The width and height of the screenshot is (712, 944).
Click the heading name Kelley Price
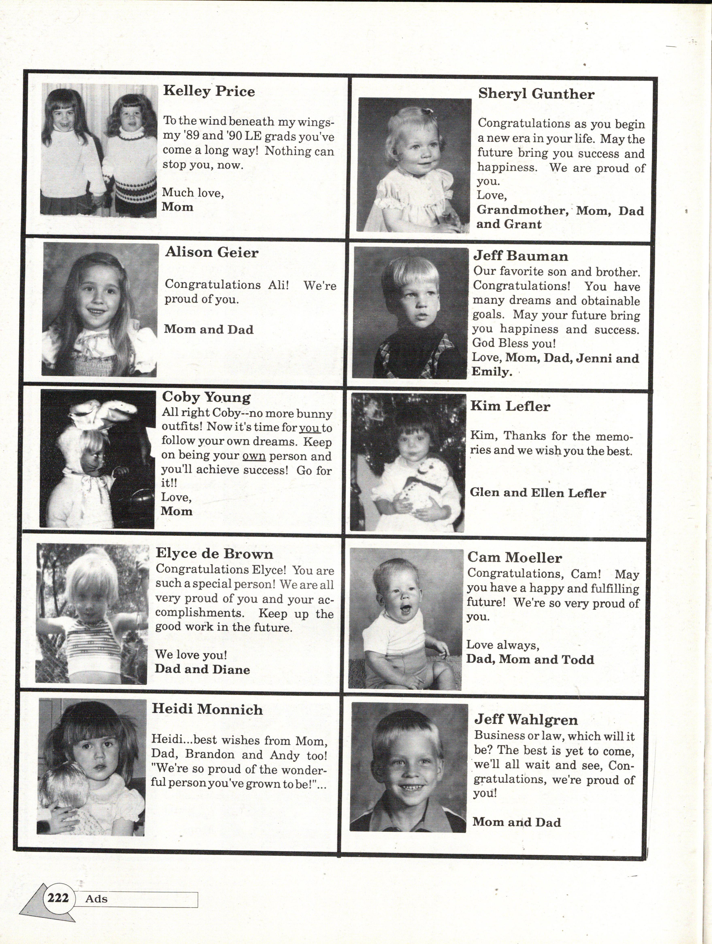coord(209,91)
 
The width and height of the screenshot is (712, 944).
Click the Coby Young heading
coord(206,397)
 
